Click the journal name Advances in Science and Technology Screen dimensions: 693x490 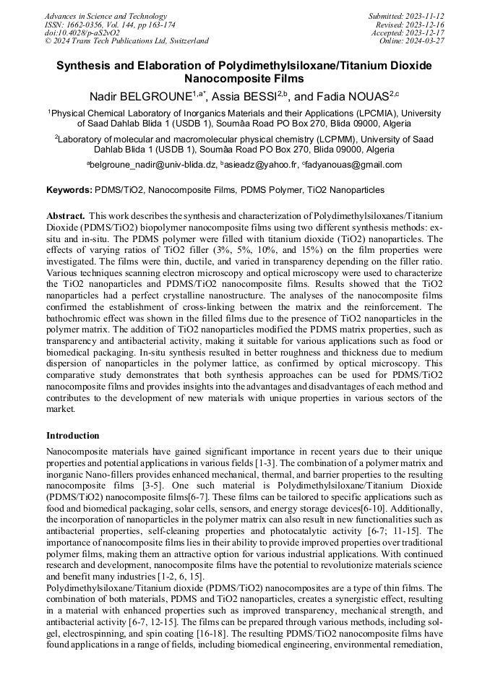tap(106, 16)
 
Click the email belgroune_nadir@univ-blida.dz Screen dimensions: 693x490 tap(152, 165)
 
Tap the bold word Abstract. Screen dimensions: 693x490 tap(66, 216)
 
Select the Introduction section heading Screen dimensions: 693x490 tap(73, 436)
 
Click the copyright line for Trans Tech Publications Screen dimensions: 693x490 tap(126, 41)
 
